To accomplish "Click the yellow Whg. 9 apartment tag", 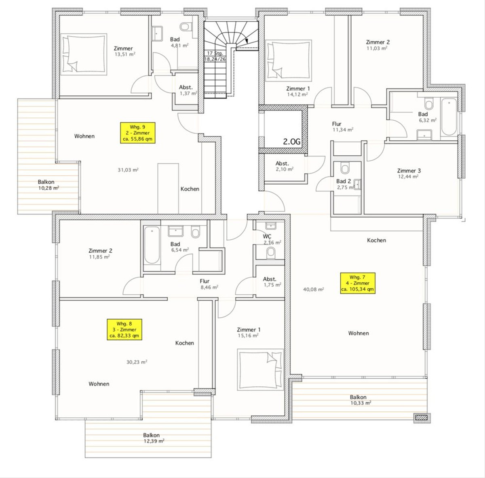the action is coord(138,133).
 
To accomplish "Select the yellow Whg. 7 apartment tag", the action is coord(358,283).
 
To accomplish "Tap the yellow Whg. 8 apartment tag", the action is coord(124,329).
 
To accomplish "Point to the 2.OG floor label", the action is coord(292,142).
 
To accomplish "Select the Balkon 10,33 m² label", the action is coord(361,400).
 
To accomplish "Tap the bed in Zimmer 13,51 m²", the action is coord(84,55).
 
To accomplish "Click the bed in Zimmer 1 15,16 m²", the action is coord(260,370).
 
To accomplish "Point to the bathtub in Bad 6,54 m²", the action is coord(152,245).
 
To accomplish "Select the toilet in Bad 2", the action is coord(345,168).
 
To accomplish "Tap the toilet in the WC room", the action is coord(271,253).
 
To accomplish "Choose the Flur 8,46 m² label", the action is coord(209,284).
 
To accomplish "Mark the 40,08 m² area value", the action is coord(313,289).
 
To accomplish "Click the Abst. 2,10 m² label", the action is coord(285,166).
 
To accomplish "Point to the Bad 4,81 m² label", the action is coord(179,42).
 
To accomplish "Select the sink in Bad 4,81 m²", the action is coord(158,33).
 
